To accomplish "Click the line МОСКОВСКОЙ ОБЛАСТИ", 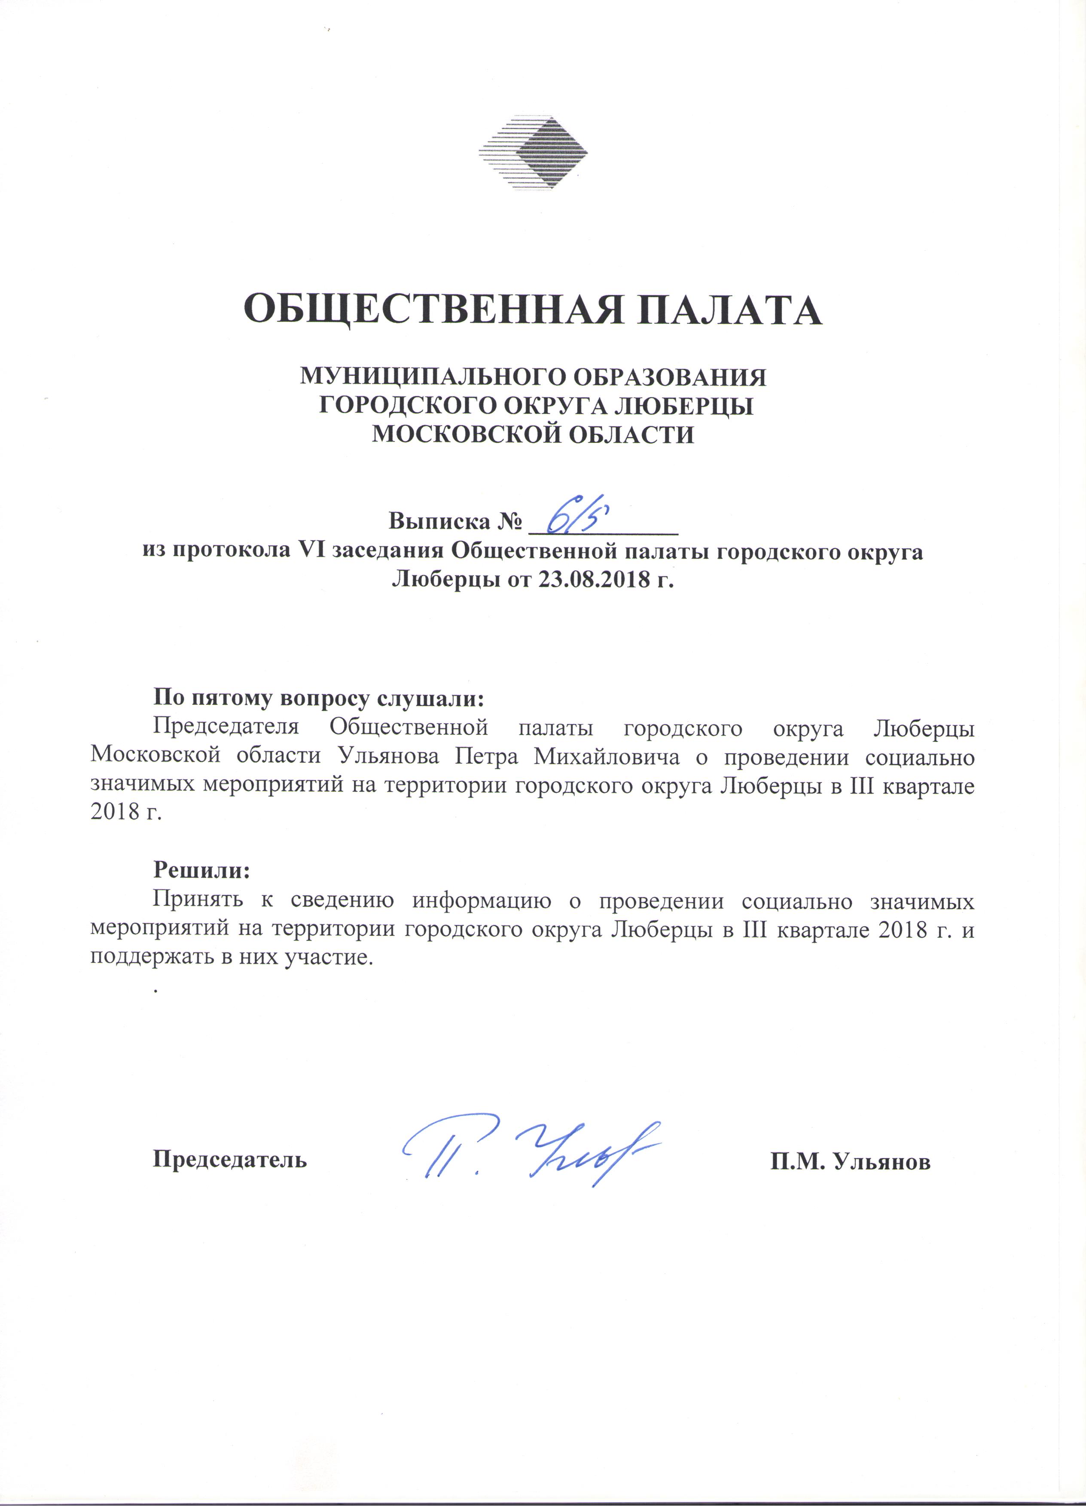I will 533,434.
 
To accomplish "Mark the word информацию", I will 482,901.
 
